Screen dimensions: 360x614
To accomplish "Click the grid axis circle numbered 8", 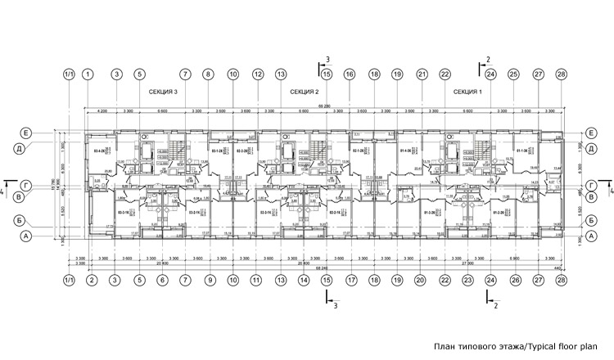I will [209, 74].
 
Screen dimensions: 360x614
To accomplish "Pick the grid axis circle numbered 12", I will [258, 74].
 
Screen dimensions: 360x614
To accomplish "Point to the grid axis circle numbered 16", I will [350, 74].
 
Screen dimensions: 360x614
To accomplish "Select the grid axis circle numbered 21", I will [422, 74].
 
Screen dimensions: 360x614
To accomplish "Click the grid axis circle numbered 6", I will [162, 280].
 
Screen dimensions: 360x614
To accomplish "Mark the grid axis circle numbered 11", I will [258, 280].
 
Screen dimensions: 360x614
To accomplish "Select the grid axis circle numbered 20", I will [420, 280].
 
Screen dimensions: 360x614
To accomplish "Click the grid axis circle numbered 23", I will [467, 280].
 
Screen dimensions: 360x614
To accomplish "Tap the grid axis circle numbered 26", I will [514, 280].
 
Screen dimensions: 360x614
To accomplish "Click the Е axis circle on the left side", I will [26, 133].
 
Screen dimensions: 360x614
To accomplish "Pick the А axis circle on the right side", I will [589, 236].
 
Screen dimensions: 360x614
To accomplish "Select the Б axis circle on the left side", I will [26, 220].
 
